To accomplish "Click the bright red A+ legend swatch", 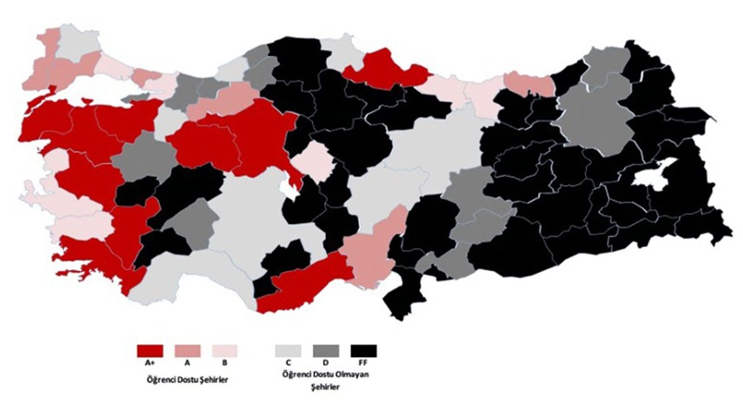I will click(x=150, y=351).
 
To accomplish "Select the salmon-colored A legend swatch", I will click(x=187, y=351).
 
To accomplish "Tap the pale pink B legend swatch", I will click(x=225, y=351).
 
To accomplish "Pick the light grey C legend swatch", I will click(x=288, y=351).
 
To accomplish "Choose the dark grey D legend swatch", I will click(x=326, y=351).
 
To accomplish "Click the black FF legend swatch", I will click(x=363, y=351).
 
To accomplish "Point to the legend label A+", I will click(x=150, y=363).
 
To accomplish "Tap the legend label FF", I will click(x=363, y=363).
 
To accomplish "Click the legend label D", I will click(x=326, y=363).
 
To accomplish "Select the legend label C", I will click(x=288, y=363).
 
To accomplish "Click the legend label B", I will click(x=225, y=363).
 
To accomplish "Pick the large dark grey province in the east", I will click(x=592, y=119).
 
